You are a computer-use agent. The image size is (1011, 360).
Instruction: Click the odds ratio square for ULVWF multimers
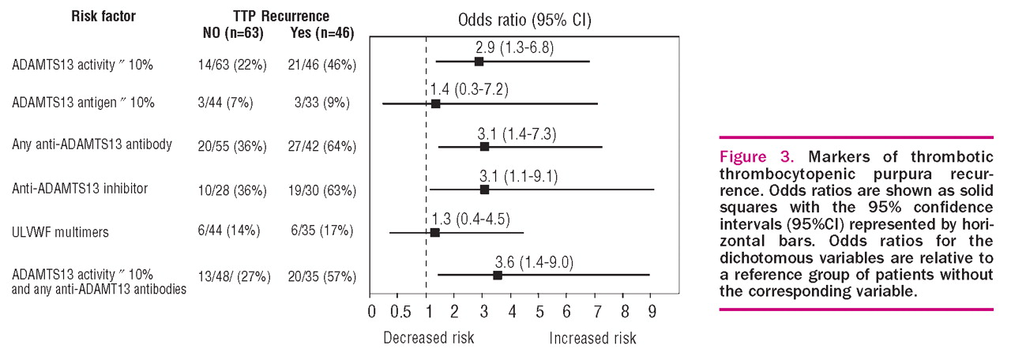pyautogui.click(x=435, y=233)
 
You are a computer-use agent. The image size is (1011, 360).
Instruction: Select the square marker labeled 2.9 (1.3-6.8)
pyautogui.click(x=479, y=62)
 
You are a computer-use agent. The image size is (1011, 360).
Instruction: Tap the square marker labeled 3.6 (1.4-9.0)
pyautogui.click(x=498, y=276)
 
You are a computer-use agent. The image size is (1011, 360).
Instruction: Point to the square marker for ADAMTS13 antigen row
pyautogui.click(x=435, y=104)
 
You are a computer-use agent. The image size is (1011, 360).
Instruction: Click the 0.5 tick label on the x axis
pyautogui.click(x=400, y=312)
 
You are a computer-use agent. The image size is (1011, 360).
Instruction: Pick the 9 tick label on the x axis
pyautogui.click(x=652, y=312)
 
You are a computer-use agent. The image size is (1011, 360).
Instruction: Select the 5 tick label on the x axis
pyautogui.click(x=539, y=312)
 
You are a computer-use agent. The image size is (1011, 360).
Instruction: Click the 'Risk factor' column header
pyautogui.click(x=103, y=17)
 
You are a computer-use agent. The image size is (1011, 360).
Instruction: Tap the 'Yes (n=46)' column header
pyautogui.click(x=321, y=33)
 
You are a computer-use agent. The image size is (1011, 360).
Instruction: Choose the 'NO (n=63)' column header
pyautogui.click(x=233, y=33)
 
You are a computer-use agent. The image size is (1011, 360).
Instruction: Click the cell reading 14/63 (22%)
pyautogui.click(x=232, y=65)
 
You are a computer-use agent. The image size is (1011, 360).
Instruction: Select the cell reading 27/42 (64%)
pyautogui.click(x=321, y=146)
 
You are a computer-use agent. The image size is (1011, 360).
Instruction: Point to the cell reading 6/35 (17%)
pyautogui.click(x=321, y=231)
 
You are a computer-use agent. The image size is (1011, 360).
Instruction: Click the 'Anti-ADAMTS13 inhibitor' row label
pyautogui.click(x=80, y=189)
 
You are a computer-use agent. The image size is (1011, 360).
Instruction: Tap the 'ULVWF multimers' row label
pyautogui.click(x=61, y=232)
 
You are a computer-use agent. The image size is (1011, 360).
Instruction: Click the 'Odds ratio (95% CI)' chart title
pyautogui.click(x=524, y=20)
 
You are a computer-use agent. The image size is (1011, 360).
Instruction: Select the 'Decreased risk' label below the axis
pyautogui.click(x=429, y=338)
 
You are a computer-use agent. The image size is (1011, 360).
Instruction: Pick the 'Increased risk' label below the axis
pyautogui.click(x=592, y=338)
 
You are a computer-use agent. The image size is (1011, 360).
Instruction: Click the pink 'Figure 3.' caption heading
pyautogui.click(x=757, y=156)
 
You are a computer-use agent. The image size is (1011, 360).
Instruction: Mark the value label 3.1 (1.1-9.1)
pyautogui.click(x=519, y=176)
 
